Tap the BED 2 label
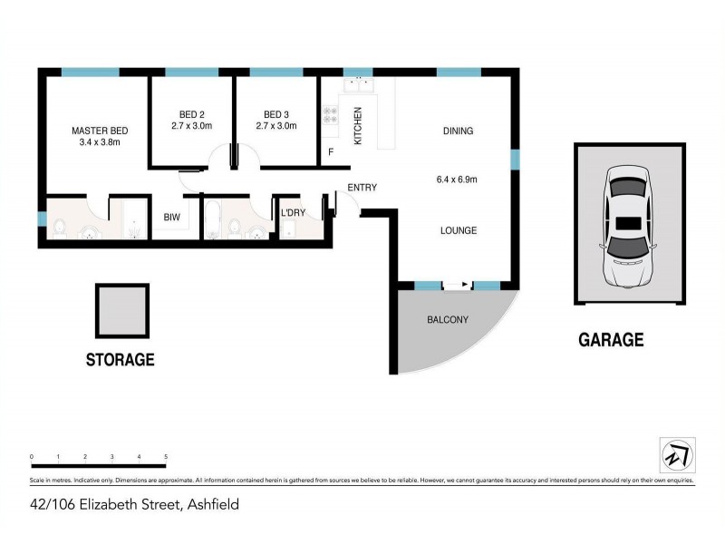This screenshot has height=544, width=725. pos(190,114)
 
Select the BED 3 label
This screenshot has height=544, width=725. pos(275,114)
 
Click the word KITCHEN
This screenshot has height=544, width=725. pos(358,126)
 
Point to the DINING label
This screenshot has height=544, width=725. pos(458,131)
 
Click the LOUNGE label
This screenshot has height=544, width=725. pos(458,230)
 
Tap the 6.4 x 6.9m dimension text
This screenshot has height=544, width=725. pos(457,180)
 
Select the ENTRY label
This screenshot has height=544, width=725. pos(362,188)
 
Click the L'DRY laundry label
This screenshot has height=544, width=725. pos(293,213)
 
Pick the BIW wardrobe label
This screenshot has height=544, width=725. pos(171,218)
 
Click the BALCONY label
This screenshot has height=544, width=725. pos(447,319)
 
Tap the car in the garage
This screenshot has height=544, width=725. pos(628,224)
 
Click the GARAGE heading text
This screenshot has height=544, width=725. pos(611,340)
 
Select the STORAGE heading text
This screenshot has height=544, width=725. pos(120,360)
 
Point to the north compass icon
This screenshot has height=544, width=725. pos(676,454)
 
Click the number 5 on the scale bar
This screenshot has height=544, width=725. pos(166,456)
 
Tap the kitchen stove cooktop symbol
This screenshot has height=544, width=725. pos(331,115)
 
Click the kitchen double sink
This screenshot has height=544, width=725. pos(359,85)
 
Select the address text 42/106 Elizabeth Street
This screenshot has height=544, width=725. pos(135,504)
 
